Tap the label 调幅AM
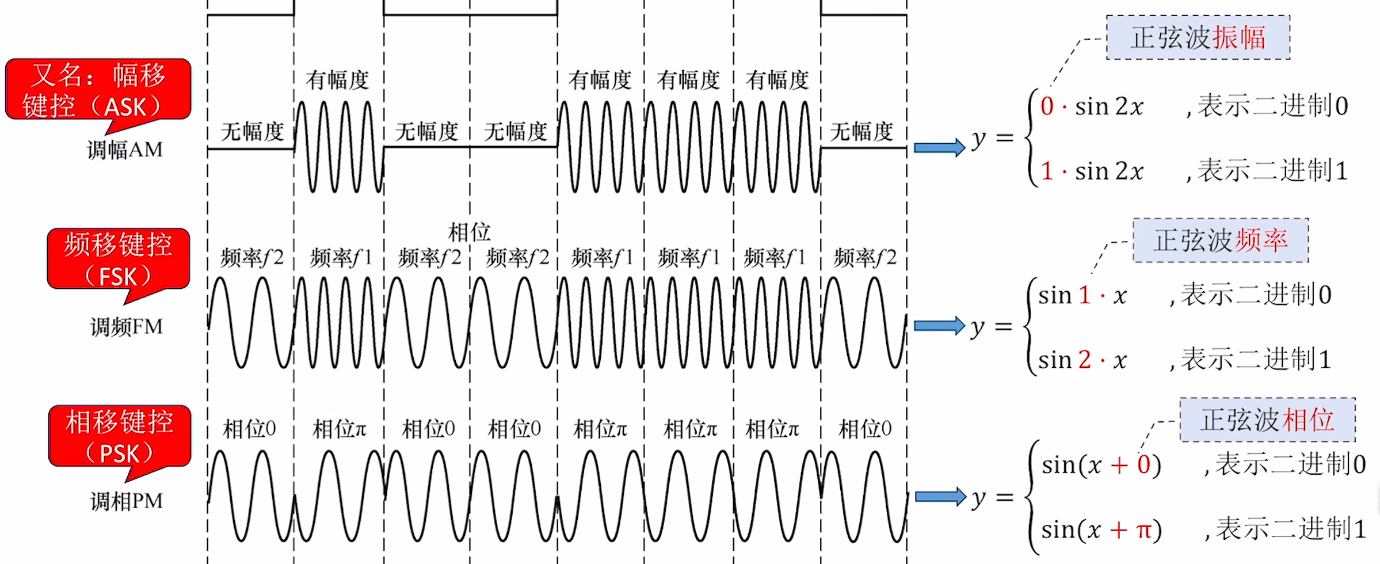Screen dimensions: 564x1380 pyautogui.click(x=125, y=150)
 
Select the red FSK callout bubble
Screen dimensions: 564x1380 pyautogui.click(x=119, y=260)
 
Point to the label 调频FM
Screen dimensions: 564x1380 pyautogui.click(x=127, y=327)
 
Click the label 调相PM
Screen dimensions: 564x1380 pyautogui.click(x=127, y=501)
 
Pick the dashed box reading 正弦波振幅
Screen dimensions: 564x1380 pyautogui.click(x=1198, y=38)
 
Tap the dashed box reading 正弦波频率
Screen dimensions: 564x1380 pyautogui.click(x=1220, y=241)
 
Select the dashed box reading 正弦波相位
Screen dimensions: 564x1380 pyautogui.click(x=1267, y=420)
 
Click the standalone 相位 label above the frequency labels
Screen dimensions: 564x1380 pyautogui.click(x=469, y=233)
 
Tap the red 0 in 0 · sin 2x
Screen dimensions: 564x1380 pyautogui.click(x=1047, y=106)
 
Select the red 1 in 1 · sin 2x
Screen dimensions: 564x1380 pyautogui.click(x=1047, y=171)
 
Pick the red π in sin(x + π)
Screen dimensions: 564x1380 pyautogui.click(x=1144, y=529)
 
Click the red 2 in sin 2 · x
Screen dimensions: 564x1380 pyautogui.click(x=1084, y=360)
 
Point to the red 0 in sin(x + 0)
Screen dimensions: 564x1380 pyautogui.click(x=1143, y=465)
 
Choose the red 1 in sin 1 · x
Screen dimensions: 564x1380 pyautogui.click(x=1084, y=295)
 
